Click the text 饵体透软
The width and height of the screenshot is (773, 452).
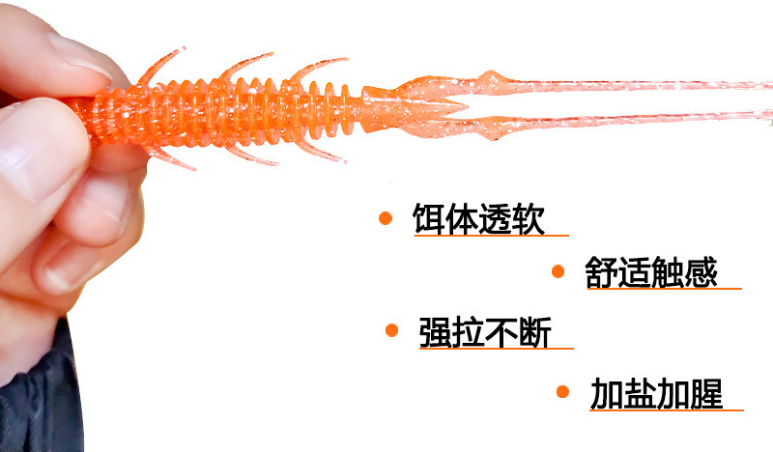[x=478, y=218]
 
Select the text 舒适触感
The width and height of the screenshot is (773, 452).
[x=651, y=271]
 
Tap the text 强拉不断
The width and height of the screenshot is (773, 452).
[x=485, y=332]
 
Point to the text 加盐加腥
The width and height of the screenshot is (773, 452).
[x=656, y=393]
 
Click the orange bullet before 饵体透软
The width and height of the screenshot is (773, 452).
[x=386, y=218]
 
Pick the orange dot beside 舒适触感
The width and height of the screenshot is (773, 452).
[x=558, y=271]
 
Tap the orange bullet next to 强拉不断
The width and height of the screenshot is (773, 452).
[x=391, y=330]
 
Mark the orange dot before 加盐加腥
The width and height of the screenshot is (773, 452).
[x=562, y=391]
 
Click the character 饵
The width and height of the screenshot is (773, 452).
[x=429, y=218]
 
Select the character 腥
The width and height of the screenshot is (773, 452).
[x=706, y=393]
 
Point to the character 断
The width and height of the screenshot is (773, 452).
[x=534, y=332]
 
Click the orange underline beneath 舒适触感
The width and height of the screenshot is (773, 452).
[x=663, y=289]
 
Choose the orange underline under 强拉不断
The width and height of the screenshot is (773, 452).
[x=495, y=349]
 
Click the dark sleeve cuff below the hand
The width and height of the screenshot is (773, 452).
[x=39, y=396]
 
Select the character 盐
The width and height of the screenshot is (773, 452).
[x=640, y=393]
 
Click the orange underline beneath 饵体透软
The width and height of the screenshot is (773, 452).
[x=491, y=236]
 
